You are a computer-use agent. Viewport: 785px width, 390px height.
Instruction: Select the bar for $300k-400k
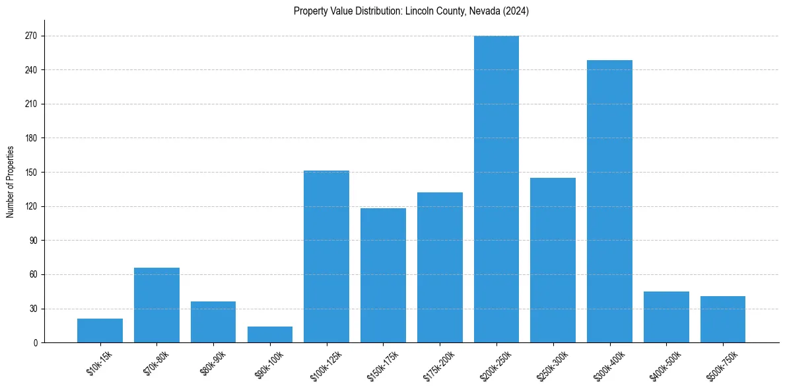coord(609,202)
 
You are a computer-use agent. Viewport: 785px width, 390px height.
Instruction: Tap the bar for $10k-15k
coord(100,331)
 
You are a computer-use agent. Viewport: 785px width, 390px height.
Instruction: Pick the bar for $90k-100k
coord(270,334)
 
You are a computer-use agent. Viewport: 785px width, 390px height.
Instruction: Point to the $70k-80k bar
coord(156,305)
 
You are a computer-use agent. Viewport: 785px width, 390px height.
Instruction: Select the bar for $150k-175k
coord(383,276)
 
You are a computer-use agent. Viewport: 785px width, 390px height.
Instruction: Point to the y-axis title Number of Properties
coord(10,182)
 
